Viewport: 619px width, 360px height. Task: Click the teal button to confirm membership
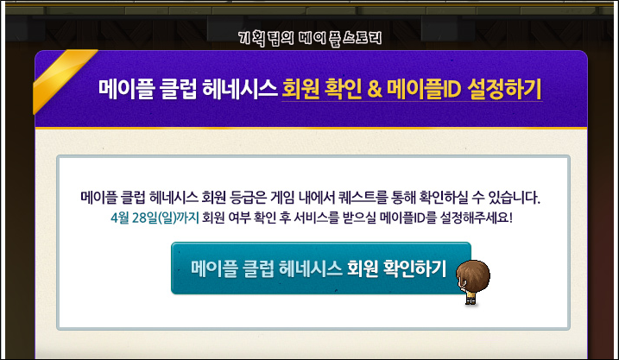tap(320, 268)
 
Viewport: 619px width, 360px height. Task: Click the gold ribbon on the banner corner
tap(63, 79)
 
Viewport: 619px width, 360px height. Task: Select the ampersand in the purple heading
tap(375, 89)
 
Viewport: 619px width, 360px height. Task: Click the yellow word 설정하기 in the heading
tap(504, 89)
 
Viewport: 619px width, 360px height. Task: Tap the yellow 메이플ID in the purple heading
tap(424, 89)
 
